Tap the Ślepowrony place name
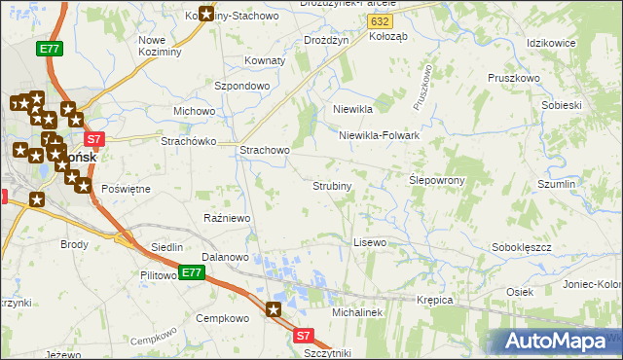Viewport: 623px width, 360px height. [x=436, y=180]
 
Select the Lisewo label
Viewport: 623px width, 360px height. [x=370, y=241]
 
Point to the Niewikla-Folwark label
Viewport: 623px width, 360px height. [x=379, y=135]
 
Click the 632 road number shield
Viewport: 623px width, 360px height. [x=382, y=20]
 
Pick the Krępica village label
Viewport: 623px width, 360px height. [x=435, y=300]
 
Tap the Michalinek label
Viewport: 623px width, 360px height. [x=357, y=313]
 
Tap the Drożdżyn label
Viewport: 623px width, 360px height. [x=326, y=40]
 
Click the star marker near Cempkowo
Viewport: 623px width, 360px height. [x=274, y=310]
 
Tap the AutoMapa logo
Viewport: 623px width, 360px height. [x=559, y=341]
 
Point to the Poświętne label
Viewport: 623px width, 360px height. [x=126, y=189]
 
